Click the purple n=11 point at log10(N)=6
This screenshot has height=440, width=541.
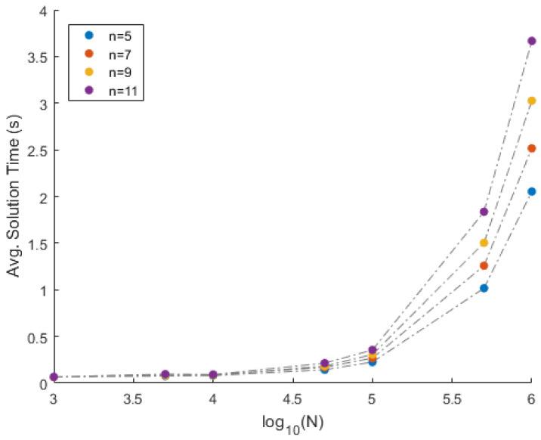(x=531, y=41)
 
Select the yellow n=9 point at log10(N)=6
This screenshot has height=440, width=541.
(x=531, y=101)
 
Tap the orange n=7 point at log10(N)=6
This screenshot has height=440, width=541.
(x=531, y=148)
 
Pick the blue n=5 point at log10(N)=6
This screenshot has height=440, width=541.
(x=531, y=191)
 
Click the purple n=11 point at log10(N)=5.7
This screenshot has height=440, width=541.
(x=484, y=212)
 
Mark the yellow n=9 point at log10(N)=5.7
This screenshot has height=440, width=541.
(x=484, y=243)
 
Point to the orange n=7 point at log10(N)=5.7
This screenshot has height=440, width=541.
(x=484, y=265)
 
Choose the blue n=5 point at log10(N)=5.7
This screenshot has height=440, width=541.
(x=484, y=288)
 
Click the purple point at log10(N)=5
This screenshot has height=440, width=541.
(x=372, y=350)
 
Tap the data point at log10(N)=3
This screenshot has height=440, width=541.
(x=54, y=376)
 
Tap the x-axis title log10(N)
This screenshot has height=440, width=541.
(x=292, y=426)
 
